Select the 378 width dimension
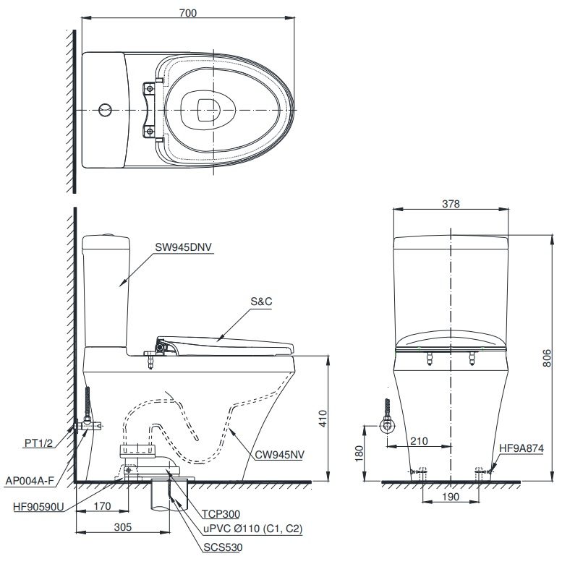click(x=451, y=204)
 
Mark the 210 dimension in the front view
click(x=419, y=440)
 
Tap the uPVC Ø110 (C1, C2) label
click(x=252, y=529)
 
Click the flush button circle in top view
click(x=106, y=109)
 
